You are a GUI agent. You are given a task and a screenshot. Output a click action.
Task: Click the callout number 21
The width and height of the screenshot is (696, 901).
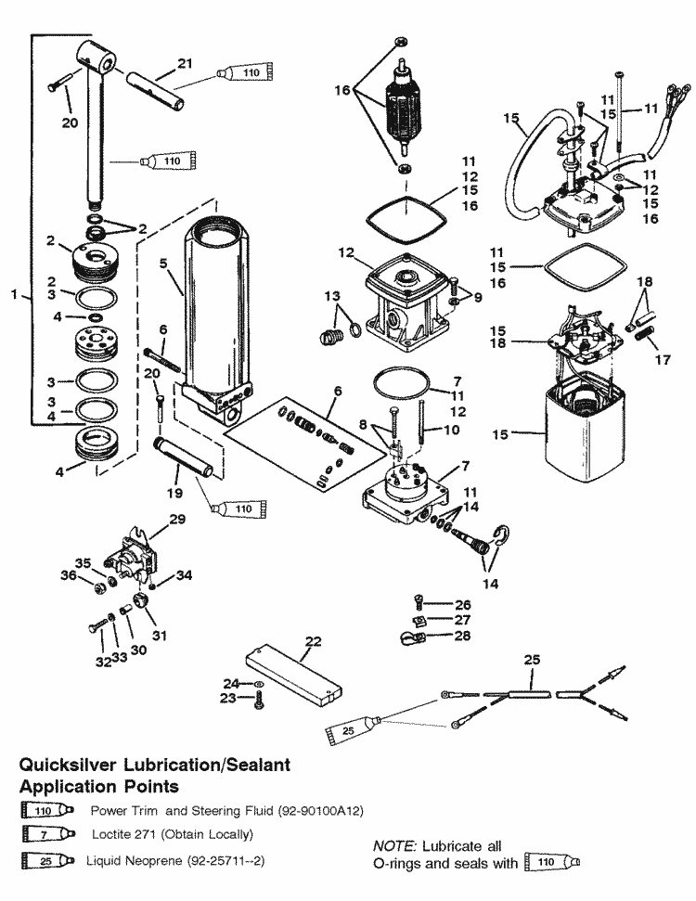185,63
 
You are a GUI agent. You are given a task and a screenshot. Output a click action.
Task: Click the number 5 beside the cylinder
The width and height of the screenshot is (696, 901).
163,263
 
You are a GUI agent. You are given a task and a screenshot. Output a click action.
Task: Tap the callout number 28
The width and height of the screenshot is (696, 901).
462,636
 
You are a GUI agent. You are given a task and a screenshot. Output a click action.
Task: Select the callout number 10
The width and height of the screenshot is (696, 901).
452,430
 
